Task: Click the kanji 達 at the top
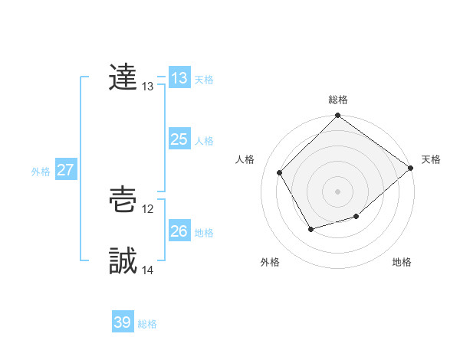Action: [123, 77]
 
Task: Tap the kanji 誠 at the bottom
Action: [123, 261]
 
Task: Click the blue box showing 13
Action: [179, 78]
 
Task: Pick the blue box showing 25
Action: [179, 139]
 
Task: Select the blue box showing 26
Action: [179, 231]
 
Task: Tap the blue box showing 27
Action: [65, 170]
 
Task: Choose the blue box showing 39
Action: [123, 322]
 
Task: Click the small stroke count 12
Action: [148, 209]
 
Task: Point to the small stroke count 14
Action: [148, 270]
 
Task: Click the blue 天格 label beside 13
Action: [204, 80]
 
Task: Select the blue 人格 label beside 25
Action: [204, 141]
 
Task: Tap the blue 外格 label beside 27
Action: [41, 172]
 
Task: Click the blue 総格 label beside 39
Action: [147, 324]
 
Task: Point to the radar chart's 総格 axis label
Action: [338, 100]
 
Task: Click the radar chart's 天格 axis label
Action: [431, 159]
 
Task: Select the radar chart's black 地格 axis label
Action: [402, 263]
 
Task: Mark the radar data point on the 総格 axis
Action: [338, 116]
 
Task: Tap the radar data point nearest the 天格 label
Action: [410, 168]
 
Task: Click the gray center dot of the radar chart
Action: [338, 191]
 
